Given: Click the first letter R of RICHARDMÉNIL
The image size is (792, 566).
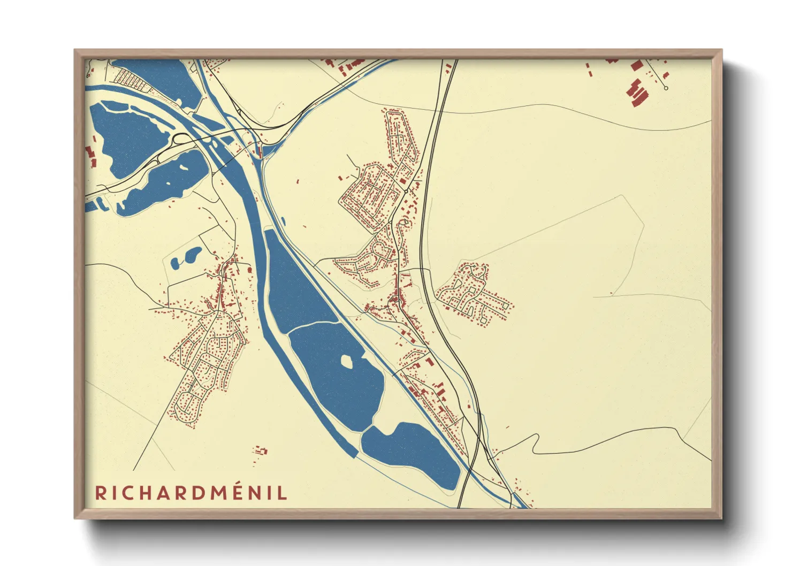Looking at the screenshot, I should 101,493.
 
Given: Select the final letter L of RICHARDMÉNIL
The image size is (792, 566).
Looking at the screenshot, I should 282,493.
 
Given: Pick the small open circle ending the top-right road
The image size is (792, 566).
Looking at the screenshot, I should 666,88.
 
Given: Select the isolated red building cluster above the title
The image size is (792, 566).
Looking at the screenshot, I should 261,450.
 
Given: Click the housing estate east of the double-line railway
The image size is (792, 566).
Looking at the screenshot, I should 474,294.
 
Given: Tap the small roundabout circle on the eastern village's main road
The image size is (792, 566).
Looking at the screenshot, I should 406,191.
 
